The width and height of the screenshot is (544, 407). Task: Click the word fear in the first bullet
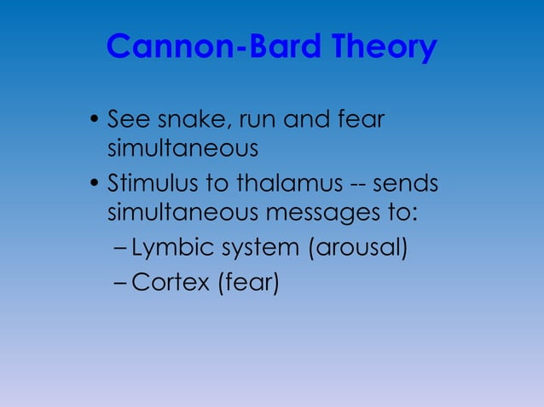(x=361, y=118)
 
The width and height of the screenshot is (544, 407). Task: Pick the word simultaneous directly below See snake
(x=182, y=149)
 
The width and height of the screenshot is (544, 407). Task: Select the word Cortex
(x=171, y=282)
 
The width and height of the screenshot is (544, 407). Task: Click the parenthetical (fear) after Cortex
(x=248, y=282)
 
